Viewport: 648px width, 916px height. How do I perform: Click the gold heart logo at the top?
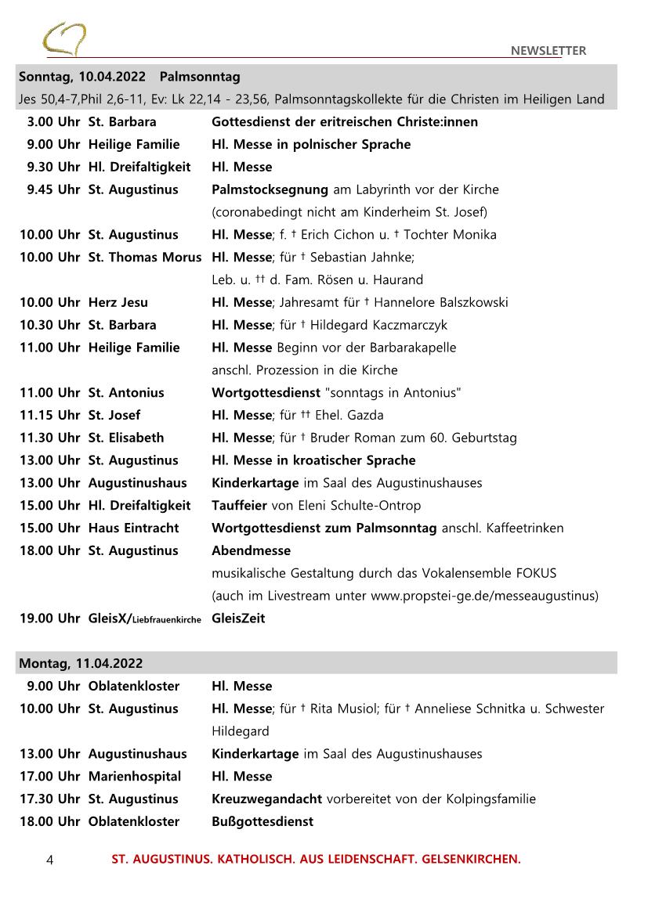64,38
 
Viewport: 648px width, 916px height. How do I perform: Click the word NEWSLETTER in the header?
548,51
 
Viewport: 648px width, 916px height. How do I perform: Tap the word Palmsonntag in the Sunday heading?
199,77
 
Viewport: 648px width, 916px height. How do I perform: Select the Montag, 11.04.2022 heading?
81,663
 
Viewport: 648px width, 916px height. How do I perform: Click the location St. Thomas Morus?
144,258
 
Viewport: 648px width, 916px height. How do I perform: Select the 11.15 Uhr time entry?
49,415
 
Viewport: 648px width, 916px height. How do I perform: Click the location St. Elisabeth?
126,438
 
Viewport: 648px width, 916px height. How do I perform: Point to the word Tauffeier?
239,506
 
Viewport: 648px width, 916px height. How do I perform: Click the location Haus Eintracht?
133,528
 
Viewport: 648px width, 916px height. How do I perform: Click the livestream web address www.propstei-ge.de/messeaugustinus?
483,596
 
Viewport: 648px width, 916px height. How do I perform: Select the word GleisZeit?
238,618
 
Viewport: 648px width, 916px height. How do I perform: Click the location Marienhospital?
134,777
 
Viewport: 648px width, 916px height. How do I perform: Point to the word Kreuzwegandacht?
266,799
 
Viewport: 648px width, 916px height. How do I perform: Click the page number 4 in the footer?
50,860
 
